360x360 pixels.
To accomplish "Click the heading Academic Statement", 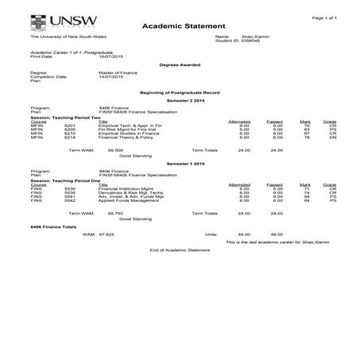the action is [179, 27].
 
